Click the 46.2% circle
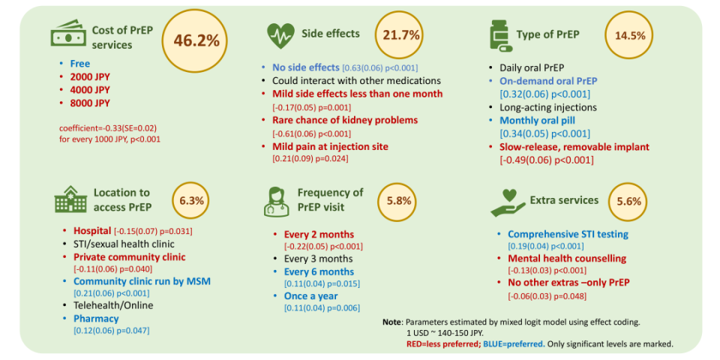pos(196,40)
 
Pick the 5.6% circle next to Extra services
pos(628,202)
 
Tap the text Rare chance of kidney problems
pos(345,120)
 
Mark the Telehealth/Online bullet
pos(112,306)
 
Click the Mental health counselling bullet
pos(566,258)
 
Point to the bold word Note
pos(392,322)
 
